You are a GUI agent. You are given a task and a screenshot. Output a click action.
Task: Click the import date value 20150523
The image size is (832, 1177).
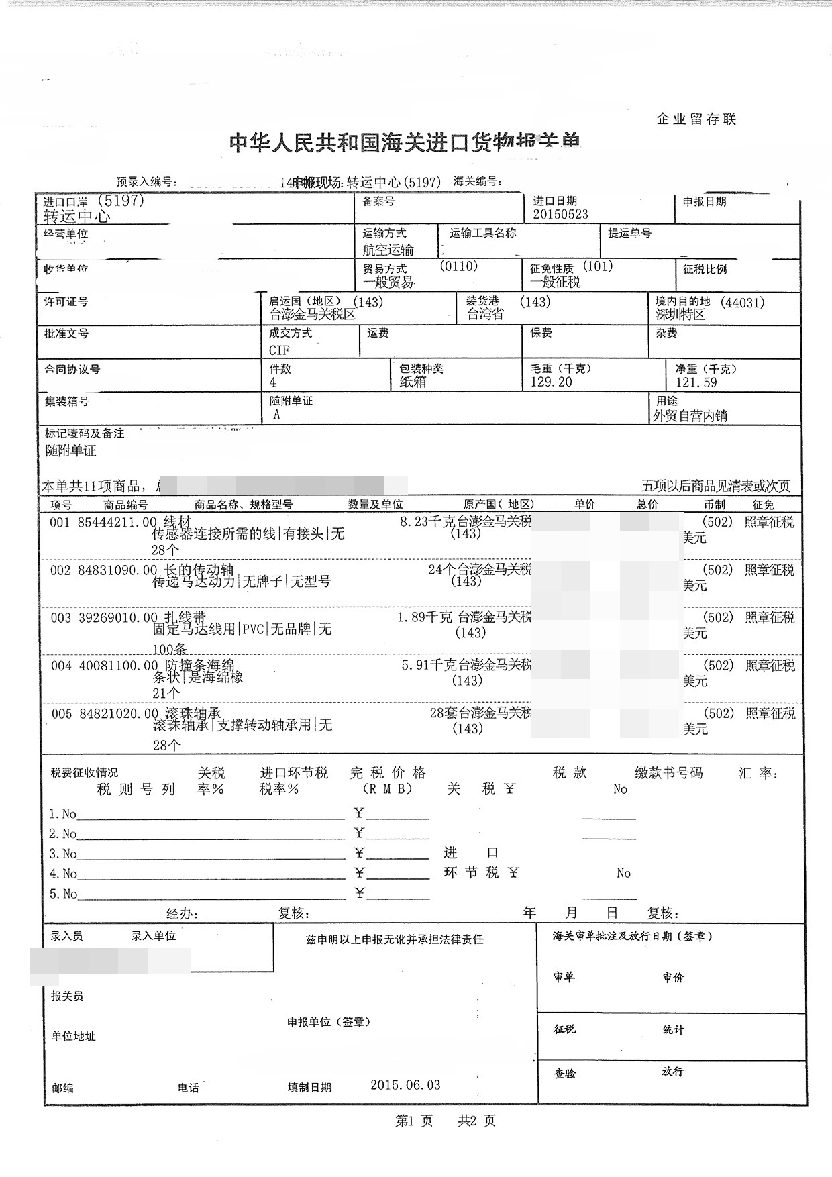(x=560, y=215)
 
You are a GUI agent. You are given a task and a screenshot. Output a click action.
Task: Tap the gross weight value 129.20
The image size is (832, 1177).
(x=551, y=382)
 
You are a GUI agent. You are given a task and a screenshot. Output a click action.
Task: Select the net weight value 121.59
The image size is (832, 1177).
(x=696, y=383)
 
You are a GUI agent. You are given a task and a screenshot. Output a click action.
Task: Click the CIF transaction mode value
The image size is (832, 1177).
(x=279, y=350)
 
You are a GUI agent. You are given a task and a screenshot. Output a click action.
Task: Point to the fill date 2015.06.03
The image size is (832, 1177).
(x=405, y=1085)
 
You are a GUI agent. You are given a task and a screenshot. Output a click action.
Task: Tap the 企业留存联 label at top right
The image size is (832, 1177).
(x=696, y=119)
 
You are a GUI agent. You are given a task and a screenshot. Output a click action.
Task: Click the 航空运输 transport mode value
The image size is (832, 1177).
(x=388, y=250)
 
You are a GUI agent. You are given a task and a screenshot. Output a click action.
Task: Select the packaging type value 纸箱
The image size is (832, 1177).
(x=413, y=382)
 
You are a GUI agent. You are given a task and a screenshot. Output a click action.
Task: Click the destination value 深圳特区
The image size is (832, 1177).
(x=680, y=315)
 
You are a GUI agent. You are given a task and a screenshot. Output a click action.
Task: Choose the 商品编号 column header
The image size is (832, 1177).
(x=125, y=505)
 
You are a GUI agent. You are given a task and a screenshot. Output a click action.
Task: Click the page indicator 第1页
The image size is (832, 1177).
(x=414, y=1121)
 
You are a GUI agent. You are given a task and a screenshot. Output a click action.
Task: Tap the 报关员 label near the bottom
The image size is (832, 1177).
(x=67, y=996)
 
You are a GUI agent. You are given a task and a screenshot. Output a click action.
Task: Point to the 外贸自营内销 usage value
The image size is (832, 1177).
(x=690, y=416)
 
